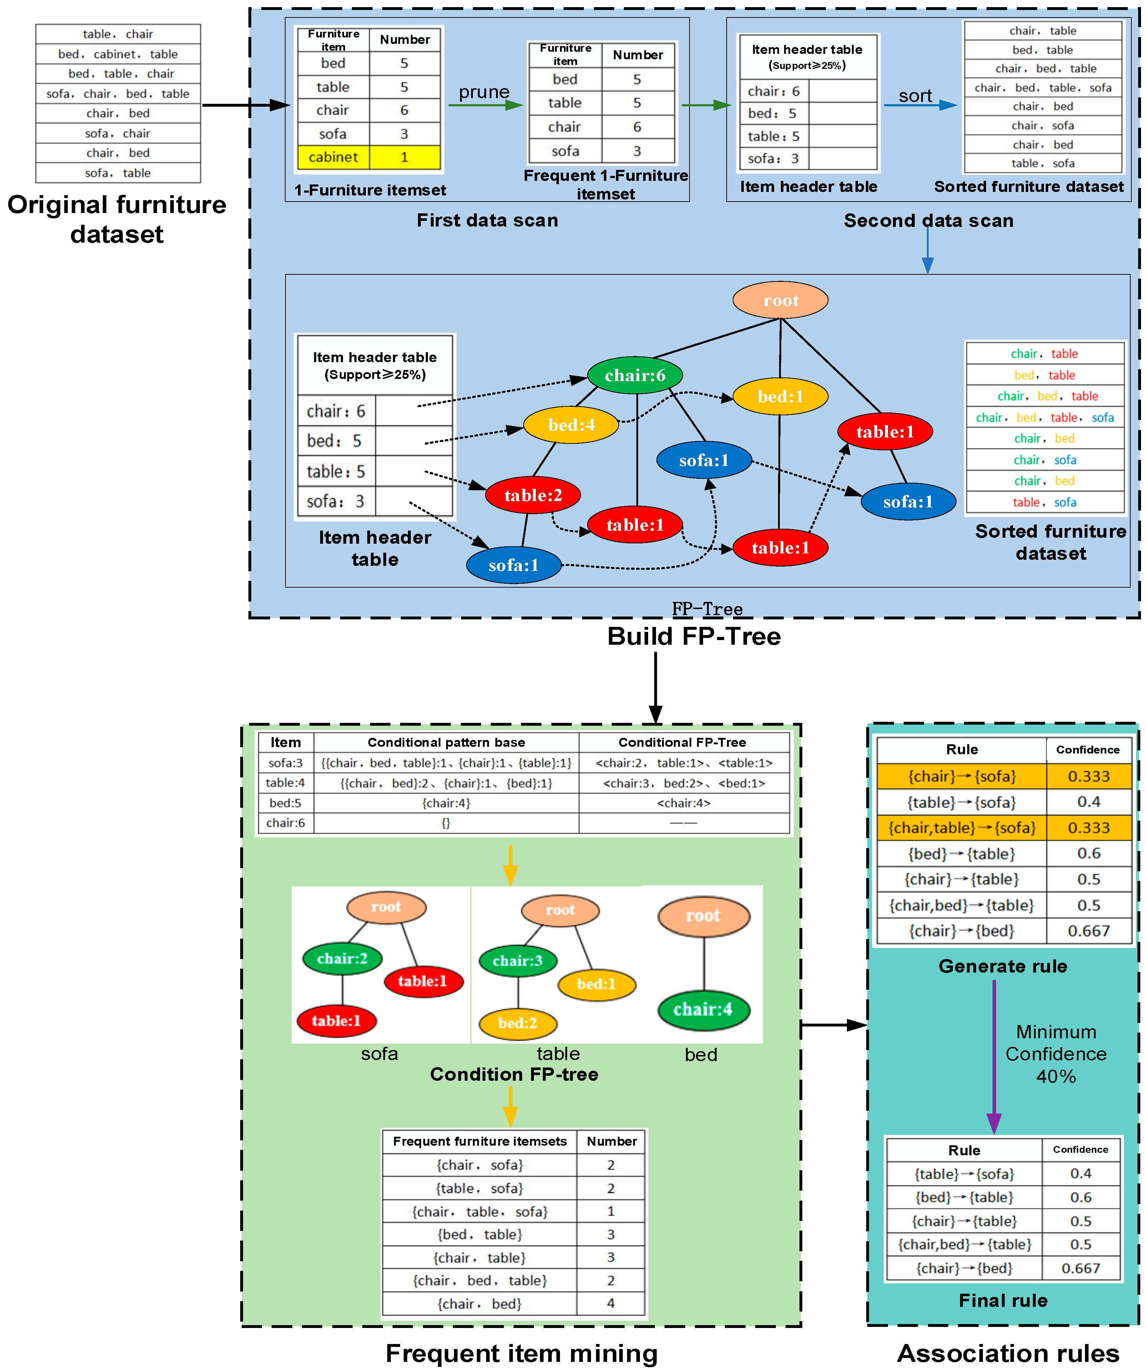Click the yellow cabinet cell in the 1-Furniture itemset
tap(333, 157)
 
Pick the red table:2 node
tap(533, 496)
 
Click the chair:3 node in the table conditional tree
tap(518, 961)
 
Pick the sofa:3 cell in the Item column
tap(286, 763)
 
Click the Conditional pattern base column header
tap(446, 742)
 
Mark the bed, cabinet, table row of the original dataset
tap(118, 54)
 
